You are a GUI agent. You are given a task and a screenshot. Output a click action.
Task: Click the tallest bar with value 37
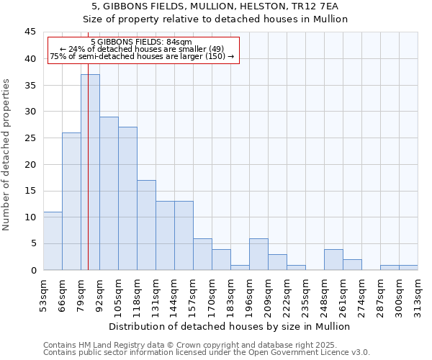[x=90, y=172]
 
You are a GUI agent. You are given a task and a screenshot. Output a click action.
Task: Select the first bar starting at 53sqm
[x=53, y=240]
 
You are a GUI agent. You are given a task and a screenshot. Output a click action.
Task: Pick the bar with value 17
[x=146, y=225]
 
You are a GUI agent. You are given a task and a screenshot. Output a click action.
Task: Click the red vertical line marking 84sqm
[x=88, y=180]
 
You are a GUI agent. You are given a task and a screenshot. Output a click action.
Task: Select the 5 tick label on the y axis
[x=32, y=243]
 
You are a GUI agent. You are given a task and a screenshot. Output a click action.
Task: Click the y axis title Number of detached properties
[x=7, y=154]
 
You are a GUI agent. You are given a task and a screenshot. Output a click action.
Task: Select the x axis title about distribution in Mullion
[x=230, y=326]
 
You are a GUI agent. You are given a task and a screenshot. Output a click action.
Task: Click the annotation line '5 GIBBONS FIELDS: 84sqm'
[x=142, y=42]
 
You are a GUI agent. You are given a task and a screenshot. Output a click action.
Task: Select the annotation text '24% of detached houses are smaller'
[x=142, y=49]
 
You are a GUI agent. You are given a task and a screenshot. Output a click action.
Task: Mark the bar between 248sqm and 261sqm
[x=333, y=259]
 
